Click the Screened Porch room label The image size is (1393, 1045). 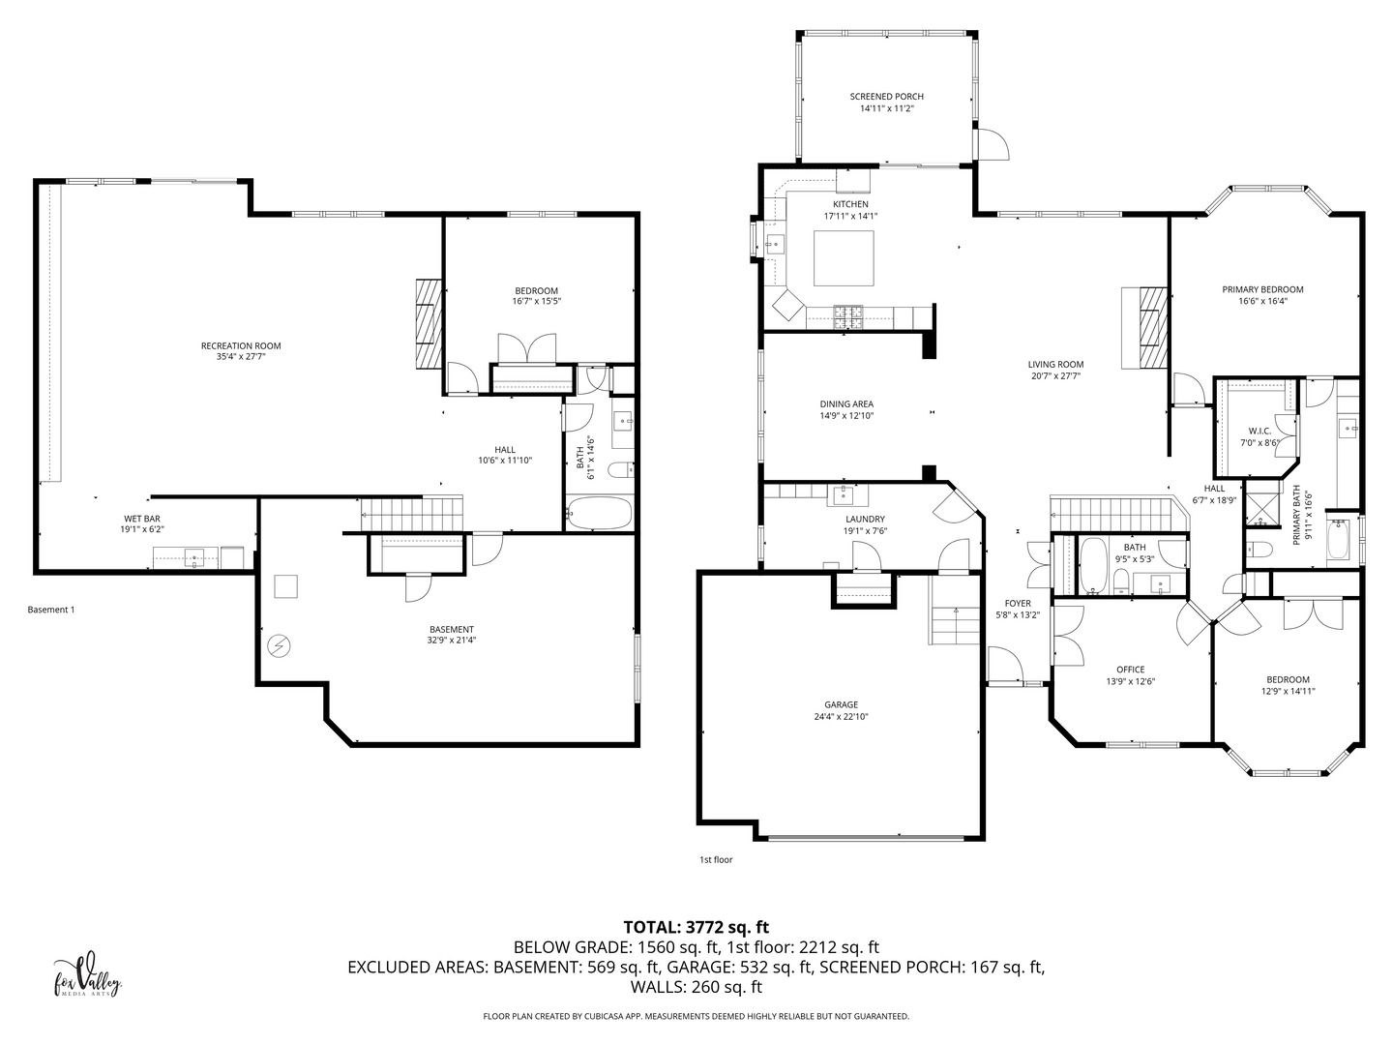886,97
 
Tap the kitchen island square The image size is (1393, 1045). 844,258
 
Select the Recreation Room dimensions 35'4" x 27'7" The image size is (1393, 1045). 241,357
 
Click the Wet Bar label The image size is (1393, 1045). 142,519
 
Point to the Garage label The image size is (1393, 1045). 841,704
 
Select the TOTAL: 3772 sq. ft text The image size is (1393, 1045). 696,928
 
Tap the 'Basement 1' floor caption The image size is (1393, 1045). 50,610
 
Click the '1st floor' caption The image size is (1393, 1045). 716,860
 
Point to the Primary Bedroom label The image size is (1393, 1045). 1262,289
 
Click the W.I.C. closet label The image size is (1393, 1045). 1260,431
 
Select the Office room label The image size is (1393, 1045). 1130,670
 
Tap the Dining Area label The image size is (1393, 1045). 846,404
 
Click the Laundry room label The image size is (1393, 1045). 865,519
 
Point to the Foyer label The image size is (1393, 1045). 1018,604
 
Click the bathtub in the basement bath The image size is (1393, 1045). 600,513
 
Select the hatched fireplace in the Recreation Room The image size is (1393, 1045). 429,323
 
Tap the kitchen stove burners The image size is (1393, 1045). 848,316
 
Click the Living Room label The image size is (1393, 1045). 1055,364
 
